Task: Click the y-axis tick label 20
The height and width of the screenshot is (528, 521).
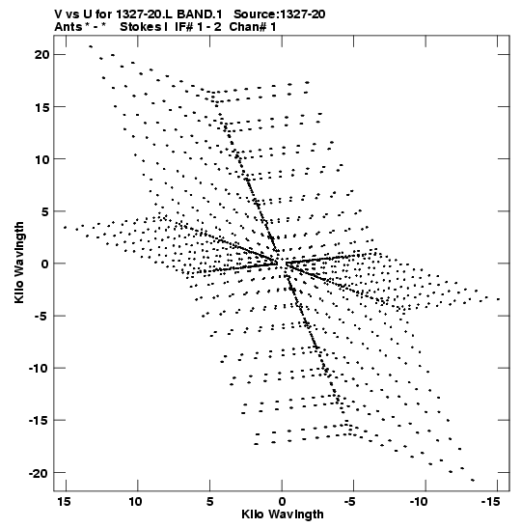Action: pyautogui.click(x=42, y=55)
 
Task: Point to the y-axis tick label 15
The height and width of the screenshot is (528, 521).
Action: pyautogui.click(x=42, y=107)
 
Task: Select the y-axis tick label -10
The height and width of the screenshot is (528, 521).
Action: pyautogui.click(x=39, y=368)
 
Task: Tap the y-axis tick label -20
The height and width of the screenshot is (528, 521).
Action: pyautogui.click(x=39, y=473)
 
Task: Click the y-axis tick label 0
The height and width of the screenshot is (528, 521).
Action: pyautogui.click(x=45, y=264)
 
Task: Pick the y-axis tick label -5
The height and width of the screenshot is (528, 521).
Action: pyautogui.click(x=41, y=316)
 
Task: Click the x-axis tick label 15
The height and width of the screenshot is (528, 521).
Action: pyautogui.click(x=64, y=502)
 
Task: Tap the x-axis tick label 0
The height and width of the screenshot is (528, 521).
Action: pyautogui.click(x=282, y=502)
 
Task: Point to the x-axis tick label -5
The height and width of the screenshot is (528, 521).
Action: pyautogui.click(x=350, y=502)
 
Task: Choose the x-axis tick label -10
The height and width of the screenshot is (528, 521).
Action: pyautogui.click(x=419, y=502)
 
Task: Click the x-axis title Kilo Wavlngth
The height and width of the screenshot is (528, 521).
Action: pyautogui.click(x=283, y=514)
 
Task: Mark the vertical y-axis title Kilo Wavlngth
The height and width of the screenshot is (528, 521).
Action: pyautogui.click(x=19, y=263)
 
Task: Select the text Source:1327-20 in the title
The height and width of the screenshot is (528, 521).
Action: pyautogui.click(x=280, y=14)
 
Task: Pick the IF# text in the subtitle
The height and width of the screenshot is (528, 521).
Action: pyautogui.click(x=183, y=27)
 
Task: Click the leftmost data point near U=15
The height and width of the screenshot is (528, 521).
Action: pyautogui.click(x=65, y=227)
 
